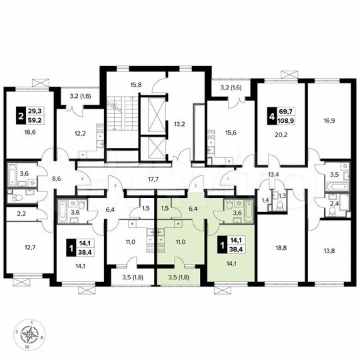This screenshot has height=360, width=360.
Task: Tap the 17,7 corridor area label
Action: [x=154, y=179]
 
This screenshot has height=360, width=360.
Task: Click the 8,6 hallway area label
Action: [x=56, y=179]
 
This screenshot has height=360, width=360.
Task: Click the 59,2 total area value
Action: [x=35, y=122]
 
